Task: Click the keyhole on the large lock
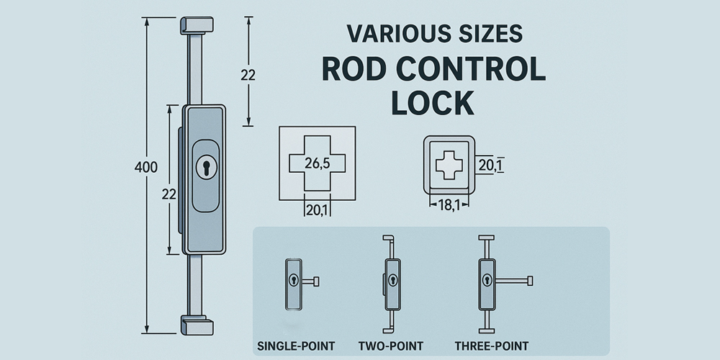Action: pos(206,167)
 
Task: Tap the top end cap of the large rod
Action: pos(197,24)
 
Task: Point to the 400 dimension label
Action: pos(146,167)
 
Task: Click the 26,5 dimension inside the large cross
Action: pos(317,163)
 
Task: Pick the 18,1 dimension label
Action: pos(449,205)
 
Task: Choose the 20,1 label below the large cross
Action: pos(317,210)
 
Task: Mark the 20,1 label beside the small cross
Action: pos(490,166)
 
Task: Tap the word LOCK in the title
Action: pos(432,103)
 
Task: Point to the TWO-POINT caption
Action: pos(391,346)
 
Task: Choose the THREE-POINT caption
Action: pos(492,346)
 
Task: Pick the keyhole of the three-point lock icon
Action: pos(486,280)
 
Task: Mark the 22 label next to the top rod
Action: pos(248,74)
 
